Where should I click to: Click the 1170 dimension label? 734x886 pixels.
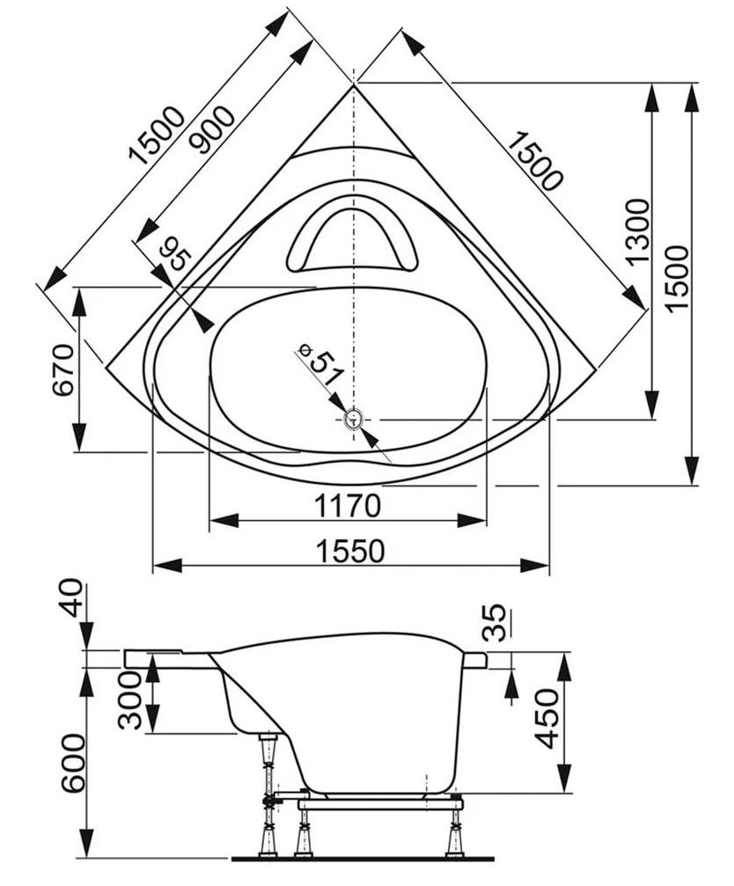(347, 506)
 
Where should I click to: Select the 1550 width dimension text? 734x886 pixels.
(350, 551)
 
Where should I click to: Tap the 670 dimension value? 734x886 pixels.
(63, 370)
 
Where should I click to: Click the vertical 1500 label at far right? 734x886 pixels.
(677, 277)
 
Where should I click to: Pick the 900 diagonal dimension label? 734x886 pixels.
(211, 129)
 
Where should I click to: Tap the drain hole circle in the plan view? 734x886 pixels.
(354, 420)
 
